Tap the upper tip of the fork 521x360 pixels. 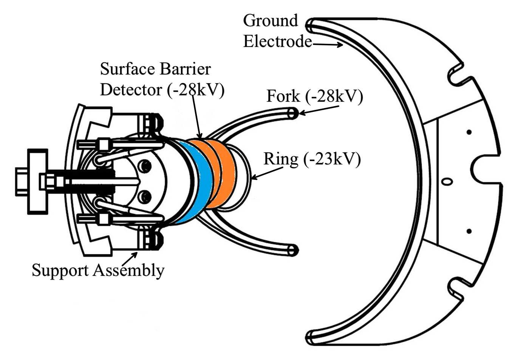[x=293, y=113]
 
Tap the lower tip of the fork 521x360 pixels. [x=293, y=250]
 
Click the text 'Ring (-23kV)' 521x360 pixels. [x=312, y=159]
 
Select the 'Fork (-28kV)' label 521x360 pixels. [x=314, y=96]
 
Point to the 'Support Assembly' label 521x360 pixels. [x=98, y=270]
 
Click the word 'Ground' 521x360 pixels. [x=270, y=21]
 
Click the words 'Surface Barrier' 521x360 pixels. [x=155, y=69]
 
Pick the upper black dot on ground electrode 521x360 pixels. [x=469, y=132]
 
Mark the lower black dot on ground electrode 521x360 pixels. [x=469, y=231]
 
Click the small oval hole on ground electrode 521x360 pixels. [x=447, y=181]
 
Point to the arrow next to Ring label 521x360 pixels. [x=267, y=173]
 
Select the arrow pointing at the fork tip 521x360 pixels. [x=319, y=109]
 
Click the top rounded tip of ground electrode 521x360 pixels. [x=311, y=25]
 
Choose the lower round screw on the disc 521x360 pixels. [x=144, y=196]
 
